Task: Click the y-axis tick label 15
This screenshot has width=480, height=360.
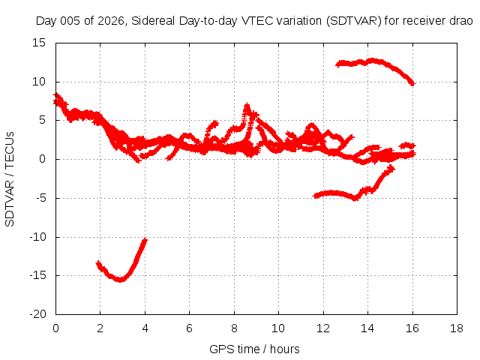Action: coord(39,43)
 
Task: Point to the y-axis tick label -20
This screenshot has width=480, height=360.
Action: coord(37,314)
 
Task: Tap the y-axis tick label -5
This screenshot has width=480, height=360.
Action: coord(41,198)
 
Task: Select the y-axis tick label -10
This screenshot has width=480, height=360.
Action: coord(37,237)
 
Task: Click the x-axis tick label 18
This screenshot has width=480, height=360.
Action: coord(457,328)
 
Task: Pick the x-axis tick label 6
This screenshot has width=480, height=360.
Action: coord(189,328)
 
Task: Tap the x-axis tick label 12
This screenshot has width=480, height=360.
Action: coord(323,328)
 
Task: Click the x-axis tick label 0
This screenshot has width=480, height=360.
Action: coord(55,328)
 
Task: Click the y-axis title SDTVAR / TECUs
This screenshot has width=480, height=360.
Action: coord(10,179)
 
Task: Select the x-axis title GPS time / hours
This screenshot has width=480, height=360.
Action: coord(254,349)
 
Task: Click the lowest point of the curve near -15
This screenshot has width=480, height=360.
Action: coord(120,280)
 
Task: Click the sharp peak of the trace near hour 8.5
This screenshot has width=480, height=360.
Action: coord(247,105)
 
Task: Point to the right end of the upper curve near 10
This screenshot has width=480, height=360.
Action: coord(412,83)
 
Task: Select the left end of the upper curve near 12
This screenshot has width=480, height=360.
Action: coord(337,64)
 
